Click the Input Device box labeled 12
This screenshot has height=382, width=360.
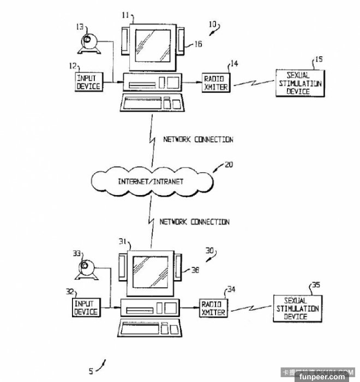coord(89,82)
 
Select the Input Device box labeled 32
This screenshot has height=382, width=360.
coord(86,307)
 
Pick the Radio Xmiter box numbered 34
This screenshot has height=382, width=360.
coord(213,307)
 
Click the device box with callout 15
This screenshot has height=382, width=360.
coord(298,83)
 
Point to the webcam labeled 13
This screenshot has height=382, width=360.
coord(89,43)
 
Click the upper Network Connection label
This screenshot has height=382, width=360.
coord(199,140)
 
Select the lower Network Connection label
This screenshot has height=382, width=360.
coord(194,222)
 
